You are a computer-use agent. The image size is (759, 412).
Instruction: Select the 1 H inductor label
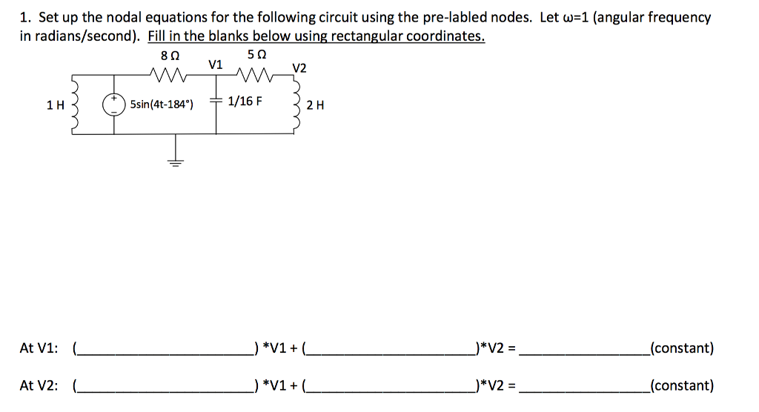point(53,105)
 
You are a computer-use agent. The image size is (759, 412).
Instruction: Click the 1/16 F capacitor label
point(245,101)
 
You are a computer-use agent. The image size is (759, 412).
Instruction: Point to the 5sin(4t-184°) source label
point(162,104)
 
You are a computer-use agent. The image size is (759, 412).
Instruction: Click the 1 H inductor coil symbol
point(74,104)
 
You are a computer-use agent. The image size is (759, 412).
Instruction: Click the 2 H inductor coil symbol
point(298,105)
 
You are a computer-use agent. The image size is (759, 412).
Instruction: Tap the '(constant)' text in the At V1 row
point(681,348)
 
